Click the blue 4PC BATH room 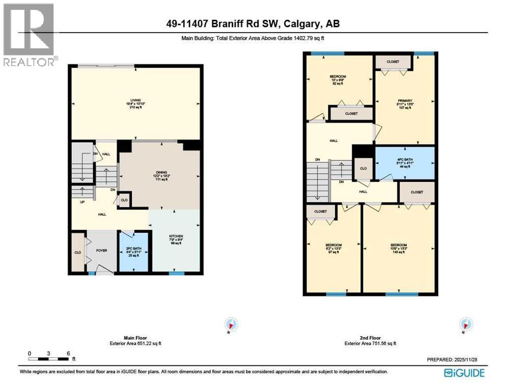[x=405, y=162]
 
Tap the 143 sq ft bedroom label [x=399, y=248]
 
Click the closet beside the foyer [x=78, y=252]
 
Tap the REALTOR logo [x=29, y=35]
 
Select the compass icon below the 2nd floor [x=465, y=324]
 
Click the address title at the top [x=252, y=23]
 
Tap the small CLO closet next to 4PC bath [x=363, y=168]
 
